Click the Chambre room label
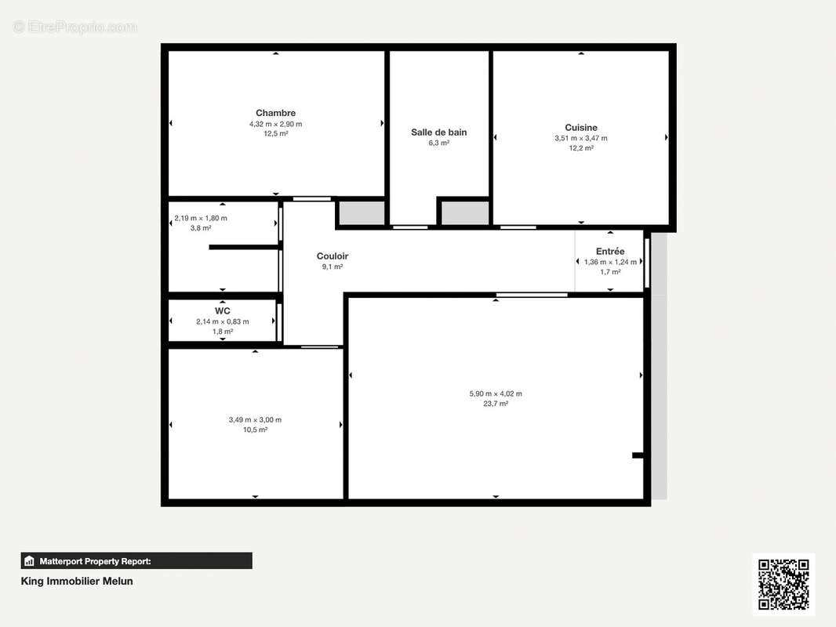coord(275,113)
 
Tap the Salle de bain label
coord(439,132)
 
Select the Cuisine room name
coord(581,127)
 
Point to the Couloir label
coord(333,256)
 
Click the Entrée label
coord(610,252)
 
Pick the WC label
coord(222,311)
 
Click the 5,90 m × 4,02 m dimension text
coord(496,393)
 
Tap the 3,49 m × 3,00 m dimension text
coord(256,420)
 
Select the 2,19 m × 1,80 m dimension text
coord(201,218)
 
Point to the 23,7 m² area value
coord(496,404)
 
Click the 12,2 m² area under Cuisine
coord(581,148)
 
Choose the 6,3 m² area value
coord(439,143)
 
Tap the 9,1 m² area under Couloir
coord(333,266)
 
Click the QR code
coord(783,585)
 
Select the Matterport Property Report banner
coord(136,561)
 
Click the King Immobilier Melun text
coord(77,582)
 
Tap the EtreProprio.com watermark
coord(75,27)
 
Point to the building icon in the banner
coord(29,561)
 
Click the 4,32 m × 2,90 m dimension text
coord(275,124)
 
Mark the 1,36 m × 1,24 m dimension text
coord(610,262)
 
